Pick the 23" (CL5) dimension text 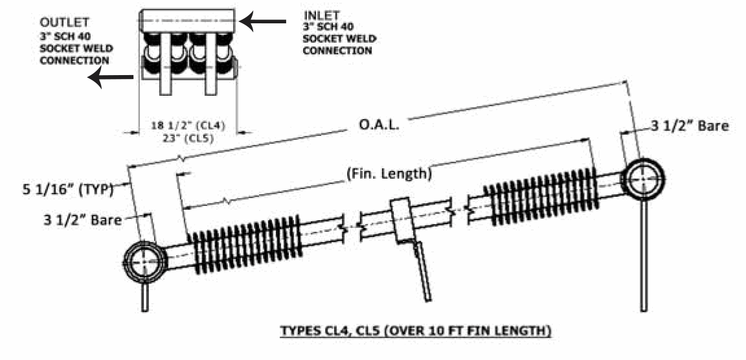pyautogui.click(x=188, y=137)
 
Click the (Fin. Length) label pyautogui.click(x=388, y=174)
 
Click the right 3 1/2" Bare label pyautogui.click(x=690, y=126)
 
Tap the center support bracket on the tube pyautogui.click(x=401, y=220)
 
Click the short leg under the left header pyautogui.click(x=146, y=298)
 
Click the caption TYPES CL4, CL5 pyautogui.click(x=415, y=332)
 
